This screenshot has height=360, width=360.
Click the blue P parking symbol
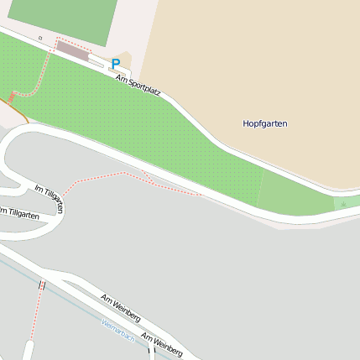[116, 63]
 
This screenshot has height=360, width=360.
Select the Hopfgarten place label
[264, 123]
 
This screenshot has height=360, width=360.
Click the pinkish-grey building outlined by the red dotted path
[72, 51]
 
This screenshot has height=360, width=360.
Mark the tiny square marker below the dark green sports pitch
[39, 38]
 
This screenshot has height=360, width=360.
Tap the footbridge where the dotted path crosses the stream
[41, 286]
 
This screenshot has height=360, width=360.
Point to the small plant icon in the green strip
[342, 204]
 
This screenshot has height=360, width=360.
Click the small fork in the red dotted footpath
[145, 175]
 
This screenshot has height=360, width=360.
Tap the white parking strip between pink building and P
[97, 58]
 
